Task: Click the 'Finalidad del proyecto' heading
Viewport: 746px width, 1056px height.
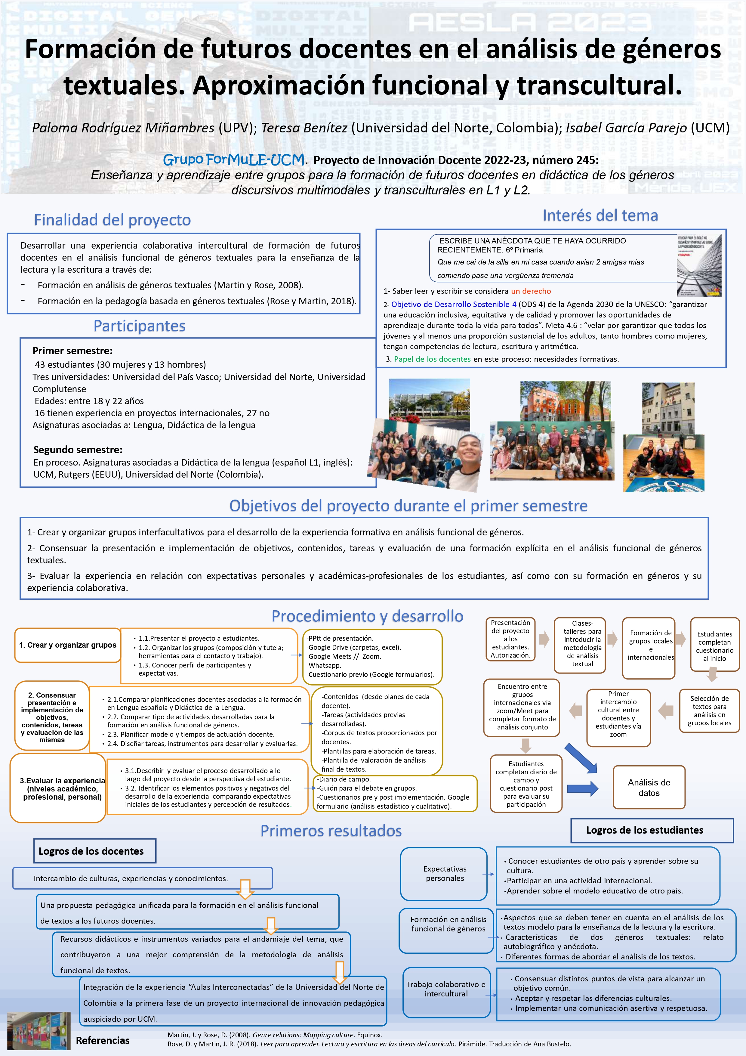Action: (112, 220)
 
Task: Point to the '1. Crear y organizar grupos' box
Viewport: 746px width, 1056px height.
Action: (68, 645)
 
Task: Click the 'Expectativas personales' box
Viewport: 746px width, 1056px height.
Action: (445, 873)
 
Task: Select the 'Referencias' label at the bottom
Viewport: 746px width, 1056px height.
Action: (103, 1040)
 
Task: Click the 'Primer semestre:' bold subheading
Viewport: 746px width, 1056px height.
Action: (72, 351)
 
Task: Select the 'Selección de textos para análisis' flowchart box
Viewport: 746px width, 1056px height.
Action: (709, 711)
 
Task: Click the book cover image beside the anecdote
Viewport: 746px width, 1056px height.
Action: (699, 265)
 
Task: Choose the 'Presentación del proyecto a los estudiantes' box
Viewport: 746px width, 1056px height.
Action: (510, 639)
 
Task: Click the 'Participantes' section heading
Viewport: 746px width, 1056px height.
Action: (139, 326)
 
